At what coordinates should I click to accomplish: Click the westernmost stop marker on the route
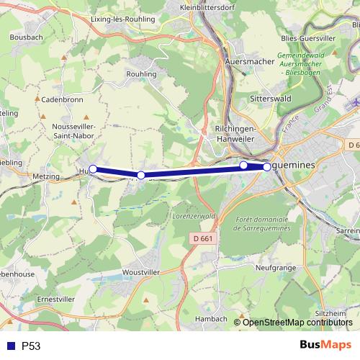(93, 169)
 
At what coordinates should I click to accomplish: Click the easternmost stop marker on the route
(267, 166)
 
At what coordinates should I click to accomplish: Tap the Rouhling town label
(141, 74)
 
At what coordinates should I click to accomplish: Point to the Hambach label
(211, 318)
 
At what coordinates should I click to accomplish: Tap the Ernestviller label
(56, 298)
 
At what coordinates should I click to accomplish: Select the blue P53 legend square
(10, 346)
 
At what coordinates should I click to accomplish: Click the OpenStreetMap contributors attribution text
(298, 322)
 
